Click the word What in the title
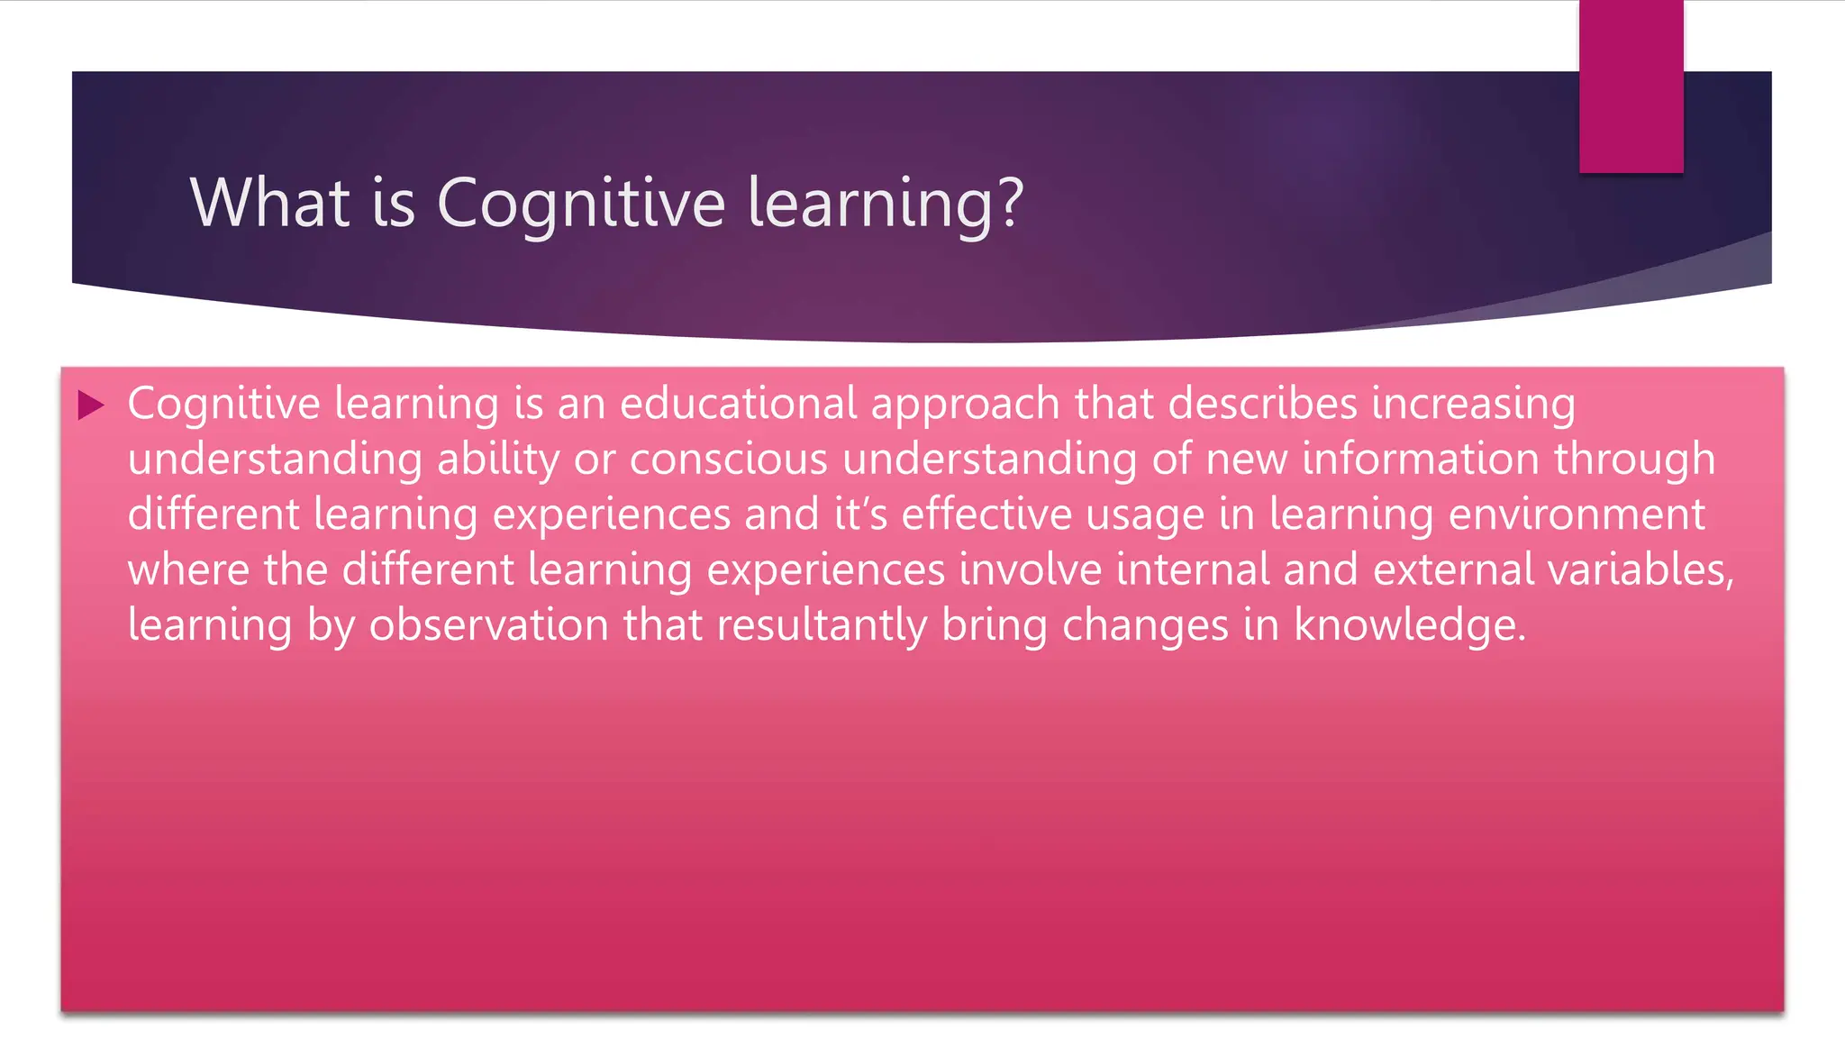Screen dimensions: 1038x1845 click(x=269, y=203)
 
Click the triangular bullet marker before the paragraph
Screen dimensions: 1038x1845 click(x=91, y=405)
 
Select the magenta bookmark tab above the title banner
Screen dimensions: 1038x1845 click(x=1631, y=86)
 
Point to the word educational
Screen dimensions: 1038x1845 click(x=738, y=403)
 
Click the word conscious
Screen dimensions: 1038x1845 click(x=728, y=459)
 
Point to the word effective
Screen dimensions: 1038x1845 click(x=986, y=514)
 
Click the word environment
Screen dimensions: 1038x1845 click(x=1577, y=514)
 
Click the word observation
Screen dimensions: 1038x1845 click(x=489, y=625)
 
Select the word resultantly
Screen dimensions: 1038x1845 click(x=822, y=626)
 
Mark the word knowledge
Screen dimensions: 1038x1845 click(x=1410, y=626)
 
